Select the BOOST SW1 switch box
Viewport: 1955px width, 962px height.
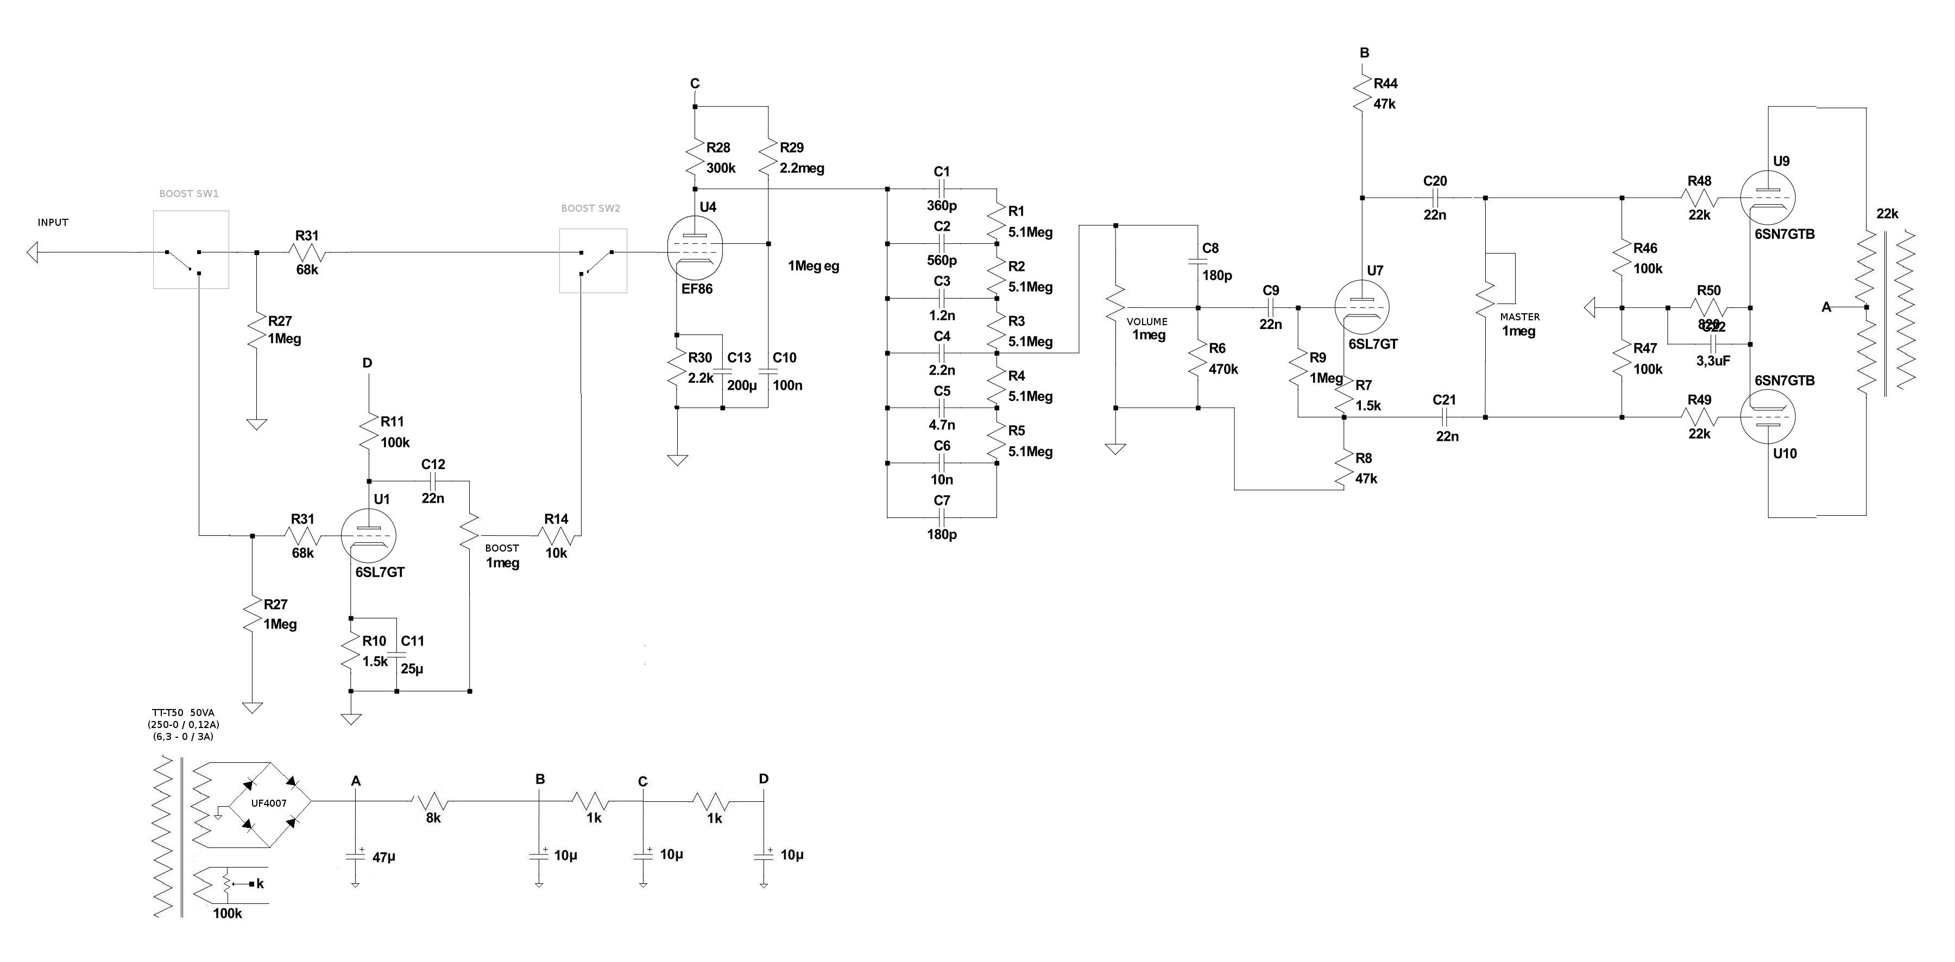(x=191, y=250)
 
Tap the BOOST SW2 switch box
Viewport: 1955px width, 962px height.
(x=592, y=260)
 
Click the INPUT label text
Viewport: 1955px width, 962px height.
(x=53, y=222)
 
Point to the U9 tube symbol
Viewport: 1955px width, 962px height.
(x=1768, y=198)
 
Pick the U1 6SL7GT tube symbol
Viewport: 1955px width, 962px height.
(x=369, y=536)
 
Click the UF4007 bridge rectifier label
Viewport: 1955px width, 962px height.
(x=269, y=803)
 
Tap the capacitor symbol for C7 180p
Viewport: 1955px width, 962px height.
(x=941, y=517)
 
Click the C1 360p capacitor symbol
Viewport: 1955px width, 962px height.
(x=941, y=189)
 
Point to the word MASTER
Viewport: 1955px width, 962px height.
(x=1519, y=317)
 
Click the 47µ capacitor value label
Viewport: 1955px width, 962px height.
(x=384, y=857)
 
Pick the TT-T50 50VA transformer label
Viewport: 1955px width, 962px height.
(x=183, y=712)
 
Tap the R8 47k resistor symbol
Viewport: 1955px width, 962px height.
(x=1344, y=469)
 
